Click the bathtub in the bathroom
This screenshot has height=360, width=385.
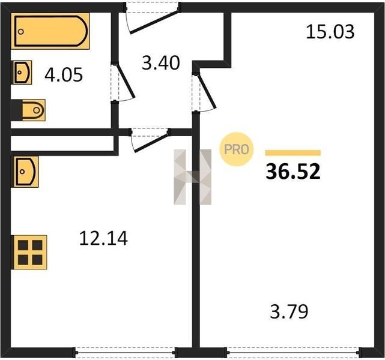pos(50,31)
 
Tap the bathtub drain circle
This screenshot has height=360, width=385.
pos(21,32)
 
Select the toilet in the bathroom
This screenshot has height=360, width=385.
pos(34,110)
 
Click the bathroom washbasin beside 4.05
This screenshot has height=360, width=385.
pos(23,73)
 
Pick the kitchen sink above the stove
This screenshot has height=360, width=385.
pos(26,172)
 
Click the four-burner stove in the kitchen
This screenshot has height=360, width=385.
pos(30,253)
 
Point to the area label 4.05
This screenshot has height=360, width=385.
pos(64,75)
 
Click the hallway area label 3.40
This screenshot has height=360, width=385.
pos(161,63)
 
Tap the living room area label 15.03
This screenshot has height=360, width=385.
pos(330,32)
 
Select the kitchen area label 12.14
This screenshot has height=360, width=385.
pos(103,238)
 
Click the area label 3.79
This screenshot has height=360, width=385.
pos(289,311)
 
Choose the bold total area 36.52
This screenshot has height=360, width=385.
pos(293,172)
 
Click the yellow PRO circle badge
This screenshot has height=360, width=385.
pos(237,149)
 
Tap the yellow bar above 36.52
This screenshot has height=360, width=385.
pos(293,153)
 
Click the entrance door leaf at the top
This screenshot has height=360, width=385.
pos(155,21)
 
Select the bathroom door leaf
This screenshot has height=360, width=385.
pos(126,81)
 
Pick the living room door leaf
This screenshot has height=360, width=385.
pos(207,91)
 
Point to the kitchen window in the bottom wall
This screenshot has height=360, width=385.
pos(125,352)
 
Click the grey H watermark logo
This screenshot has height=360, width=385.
pos(192,177)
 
